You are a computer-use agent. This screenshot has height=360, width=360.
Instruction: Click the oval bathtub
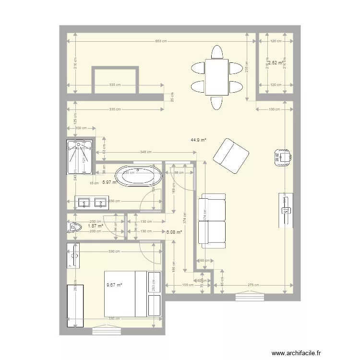click(140, 176)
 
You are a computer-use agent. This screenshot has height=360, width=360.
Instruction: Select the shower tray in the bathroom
click(79, 157)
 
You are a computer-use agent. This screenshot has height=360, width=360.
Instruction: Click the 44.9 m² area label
click(198, 140)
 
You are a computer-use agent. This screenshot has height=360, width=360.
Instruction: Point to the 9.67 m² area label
click(114, 285)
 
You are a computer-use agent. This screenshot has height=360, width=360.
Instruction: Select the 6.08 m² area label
click(174, 232)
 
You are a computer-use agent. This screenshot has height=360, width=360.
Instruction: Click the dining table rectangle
click(216, 77)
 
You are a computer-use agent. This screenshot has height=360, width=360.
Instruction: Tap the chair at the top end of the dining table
click(217, 52)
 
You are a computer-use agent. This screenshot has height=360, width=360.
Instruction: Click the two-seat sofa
click(213, 221)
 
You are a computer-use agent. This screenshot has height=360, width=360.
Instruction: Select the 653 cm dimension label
click(161, 41)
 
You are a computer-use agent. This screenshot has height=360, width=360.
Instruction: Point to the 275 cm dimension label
click(253, 285)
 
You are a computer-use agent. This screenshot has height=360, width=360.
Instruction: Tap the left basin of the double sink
click(84, 203)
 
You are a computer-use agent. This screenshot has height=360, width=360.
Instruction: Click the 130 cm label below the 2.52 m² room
click(274, 109)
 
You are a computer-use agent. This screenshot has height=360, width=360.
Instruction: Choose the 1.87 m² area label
click(96, 226)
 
